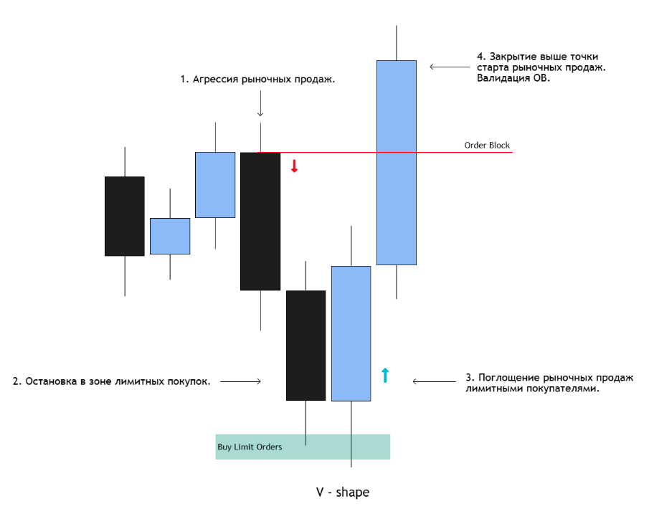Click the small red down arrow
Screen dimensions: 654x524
coord(295,166)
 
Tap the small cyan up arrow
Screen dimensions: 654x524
coord(385,375)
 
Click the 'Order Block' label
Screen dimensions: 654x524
coord(487,145)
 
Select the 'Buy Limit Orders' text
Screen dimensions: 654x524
coord(250,447)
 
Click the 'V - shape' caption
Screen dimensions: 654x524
coord(343,492)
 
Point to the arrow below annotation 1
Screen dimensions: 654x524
coord(260,103)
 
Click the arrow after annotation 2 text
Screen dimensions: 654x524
coord(241,381)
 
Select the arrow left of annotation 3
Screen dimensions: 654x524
coord(434,381)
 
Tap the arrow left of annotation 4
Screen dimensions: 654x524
coord(450,67)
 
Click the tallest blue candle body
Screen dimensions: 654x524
coord(397,163)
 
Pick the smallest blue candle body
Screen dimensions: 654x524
coord(170,236)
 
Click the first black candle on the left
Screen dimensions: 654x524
coord(125,216)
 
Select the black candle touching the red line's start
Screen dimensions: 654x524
coord(260,221)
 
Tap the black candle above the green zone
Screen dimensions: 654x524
coord(305,346)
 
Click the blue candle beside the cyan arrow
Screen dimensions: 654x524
coord(351,333)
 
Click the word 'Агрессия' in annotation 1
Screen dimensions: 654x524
coord(215,79)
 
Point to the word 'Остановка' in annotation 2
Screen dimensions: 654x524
coord(52,381)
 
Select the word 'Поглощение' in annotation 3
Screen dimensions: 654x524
coord(510,378)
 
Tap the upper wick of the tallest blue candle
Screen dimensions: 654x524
coord(397,43)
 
